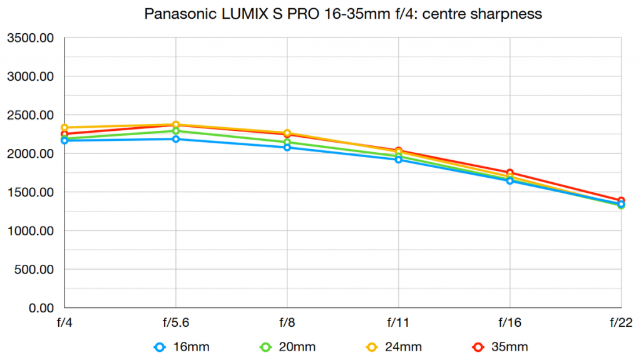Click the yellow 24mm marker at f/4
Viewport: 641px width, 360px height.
click(64, 128)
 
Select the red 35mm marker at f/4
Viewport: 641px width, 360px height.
click(64, 134)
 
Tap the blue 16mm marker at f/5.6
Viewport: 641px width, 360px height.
click(176, 139)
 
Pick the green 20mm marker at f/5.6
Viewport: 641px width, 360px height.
click(176, 131)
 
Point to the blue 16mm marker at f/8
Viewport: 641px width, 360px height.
click(287, 147)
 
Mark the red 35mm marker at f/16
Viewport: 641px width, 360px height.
click(510, 173)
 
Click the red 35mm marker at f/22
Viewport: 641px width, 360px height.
click(621, 200)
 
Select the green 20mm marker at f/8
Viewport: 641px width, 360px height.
click(287, 143)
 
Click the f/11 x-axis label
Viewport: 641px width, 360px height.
click(398, 323)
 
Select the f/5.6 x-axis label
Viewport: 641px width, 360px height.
click(176, 323)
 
